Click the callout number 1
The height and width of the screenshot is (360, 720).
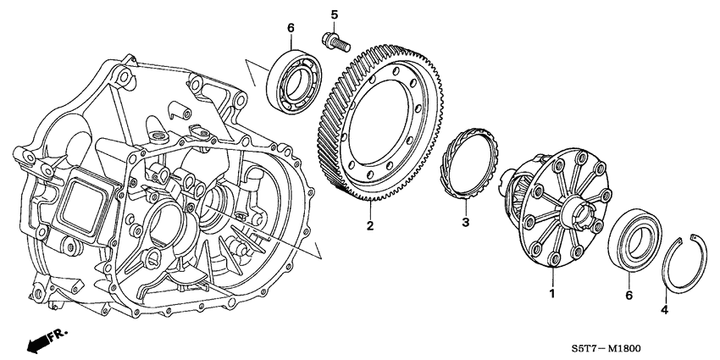(x=551, y=293)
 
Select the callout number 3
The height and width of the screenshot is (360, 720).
(x=464, y=223)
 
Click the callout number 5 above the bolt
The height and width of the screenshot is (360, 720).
(x=334, y=15)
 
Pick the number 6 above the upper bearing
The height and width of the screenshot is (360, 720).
(x=291, y=28)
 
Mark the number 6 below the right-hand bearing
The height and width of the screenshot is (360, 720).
(x=628, y=295)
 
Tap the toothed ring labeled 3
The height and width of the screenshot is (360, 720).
(x=463, y=164)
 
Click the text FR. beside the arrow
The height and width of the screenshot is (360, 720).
(x=58, y=335)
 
